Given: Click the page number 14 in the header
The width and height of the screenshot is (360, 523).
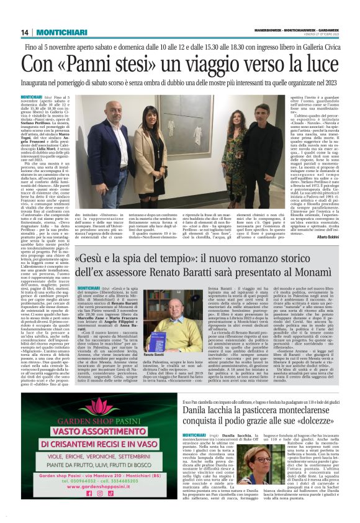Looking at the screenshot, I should click(x=25, y=32).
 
